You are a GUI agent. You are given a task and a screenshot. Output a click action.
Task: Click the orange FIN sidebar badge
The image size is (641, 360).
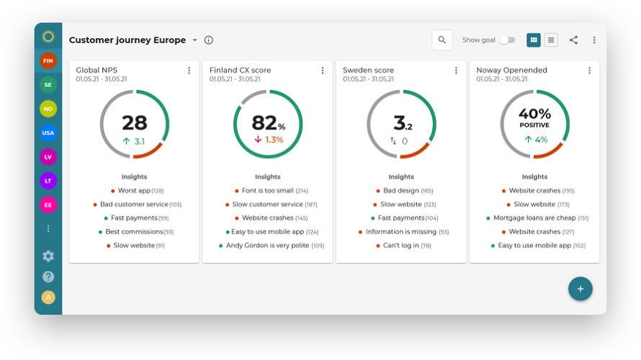pos(48,61)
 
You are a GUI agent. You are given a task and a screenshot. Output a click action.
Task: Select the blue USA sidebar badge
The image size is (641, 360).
pos(48,132)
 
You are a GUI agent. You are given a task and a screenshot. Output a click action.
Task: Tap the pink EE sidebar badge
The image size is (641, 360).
pos(48,204)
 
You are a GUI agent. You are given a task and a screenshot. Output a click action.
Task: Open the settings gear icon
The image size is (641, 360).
pos(48,256)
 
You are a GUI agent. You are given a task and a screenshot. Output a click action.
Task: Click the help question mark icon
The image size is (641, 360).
pos(48,276)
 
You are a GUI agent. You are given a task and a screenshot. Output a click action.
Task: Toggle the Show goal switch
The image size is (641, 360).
pos(508,40)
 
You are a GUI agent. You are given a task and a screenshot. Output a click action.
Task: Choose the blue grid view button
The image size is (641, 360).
pos(534,40)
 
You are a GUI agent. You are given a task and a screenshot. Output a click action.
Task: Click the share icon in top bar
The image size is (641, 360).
pos(573,40)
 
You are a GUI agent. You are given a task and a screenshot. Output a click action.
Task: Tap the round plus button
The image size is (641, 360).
pos(580,289)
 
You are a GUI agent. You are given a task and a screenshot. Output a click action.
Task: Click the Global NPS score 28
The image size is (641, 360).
pos(134,122)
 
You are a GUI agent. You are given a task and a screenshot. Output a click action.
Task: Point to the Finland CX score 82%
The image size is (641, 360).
pos(267,123)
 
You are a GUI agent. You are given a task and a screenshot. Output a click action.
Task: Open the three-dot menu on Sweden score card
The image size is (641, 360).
pos(456,71)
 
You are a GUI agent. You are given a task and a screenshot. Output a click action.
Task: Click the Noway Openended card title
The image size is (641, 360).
pos(511,71)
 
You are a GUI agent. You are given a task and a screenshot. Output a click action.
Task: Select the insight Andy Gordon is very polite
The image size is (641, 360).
pos(267,246)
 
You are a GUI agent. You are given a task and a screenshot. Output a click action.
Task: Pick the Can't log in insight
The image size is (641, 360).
pos(397,246)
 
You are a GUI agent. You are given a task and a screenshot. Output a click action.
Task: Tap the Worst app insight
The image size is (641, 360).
pos(134,191)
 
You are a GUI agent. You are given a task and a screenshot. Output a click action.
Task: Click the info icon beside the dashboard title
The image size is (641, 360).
pos(209,40)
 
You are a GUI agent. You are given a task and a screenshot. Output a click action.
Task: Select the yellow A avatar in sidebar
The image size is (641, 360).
pos(48,297)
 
